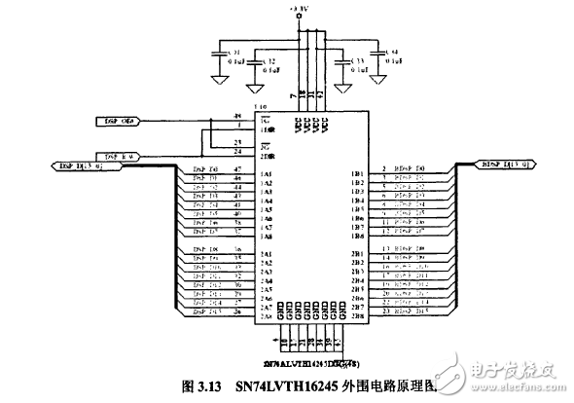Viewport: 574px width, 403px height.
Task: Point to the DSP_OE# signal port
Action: (x=121, y=121)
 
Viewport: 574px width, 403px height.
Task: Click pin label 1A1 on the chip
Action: (x=267, y=170)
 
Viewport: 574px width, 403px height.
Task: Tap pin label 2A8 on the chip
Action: (x=267, y=315)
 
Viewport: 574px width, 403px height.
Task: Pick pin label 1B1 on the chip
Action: (x=357, y=170)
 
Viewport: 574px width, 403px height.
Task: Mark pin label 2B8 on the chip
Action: (x=357, y=315)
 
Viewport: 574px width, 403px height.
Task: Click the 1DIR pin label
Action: (x=267, y=128)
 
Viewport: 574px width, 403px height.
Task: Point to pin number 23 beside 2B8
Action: (x=385, y=314)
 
